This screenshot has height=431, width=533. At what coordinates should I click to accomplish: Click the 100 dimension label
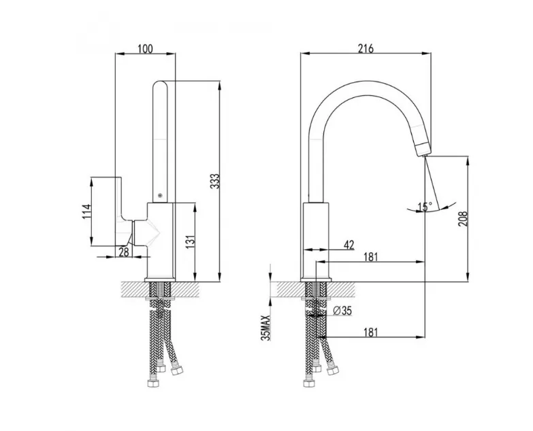click(145, 48)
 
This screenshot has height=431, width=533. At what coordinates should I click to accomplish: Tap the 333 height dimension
click(214, 182)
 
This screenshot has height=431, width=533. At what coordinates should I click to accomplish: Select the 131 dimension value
click(191, 241)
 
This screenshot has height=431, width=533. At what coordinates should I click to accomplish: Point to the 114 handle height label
click(87, 211)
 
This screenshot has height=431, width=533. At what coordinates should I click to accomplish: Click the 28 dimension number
click(124, 252)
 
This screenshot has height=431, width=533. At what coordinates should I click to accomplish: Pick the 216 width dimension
click(366, 48)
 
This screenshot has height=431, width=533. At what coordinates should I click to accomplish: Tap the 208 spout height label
click(463, 219)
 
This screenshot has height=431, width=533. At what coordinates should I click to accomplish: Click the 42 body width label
click(349, 245)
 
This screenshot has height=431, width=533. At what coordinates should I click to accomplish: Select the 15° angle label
click(425, 207)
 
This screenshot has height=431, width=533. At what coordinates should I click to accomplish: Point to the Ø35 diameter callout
click(342, 310)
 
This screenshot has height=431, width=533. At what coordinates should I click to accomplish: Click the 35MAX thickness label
click(266, 328)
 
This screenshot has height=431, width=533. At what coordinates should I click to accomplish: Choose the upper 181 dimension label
click(370, 257)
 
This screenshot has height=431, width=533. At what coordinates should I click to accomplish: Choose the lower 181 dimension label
click(370, 332)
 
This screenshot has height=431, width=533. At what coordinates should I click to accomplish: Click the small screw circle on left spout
click(160, 195)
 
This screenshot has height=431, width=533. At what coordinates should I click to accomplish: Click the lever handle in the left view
click(123, 211)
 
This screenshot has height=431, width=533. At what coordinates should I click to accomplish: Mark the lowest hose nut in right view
click(308, 383)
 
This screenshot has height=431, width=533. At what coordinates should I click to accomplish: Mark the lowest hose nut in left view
click(154, 383)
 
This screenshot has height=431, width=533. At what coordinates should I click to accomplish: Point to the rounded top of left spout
click(160, 85)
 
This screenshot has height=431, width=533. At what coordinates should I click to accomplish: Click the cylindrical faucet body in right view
click(316, 241)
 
